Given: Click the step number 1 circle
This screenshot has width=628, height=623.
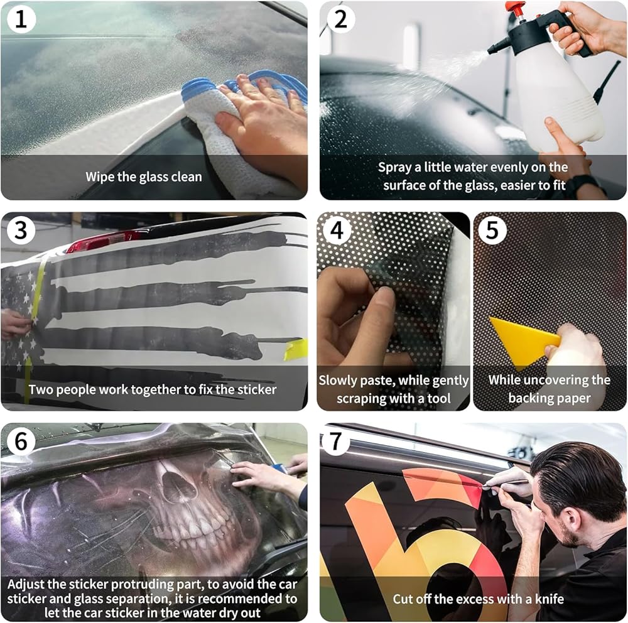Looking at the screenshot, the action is point(21,19).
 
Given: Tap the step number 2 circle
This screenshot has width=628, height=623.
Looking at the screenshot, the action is point(340,19).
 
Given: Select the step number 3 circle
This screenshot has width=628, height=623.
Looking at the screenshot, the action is point(21,230).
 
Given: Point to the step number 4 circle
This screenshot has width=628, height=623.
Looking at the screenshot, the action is point(337,230).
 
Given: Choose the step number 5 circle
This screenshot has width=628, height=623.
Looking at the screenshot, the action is point(492,230).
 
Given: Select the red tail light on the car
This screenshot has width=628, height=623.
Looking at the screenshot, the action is point(102,241).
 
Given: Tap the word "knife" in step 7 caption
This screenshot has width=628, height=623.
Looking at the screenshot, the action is point(549,599).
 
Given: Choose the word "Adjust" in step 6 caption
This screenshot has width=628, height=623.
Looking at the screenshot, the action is point(26,585).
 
